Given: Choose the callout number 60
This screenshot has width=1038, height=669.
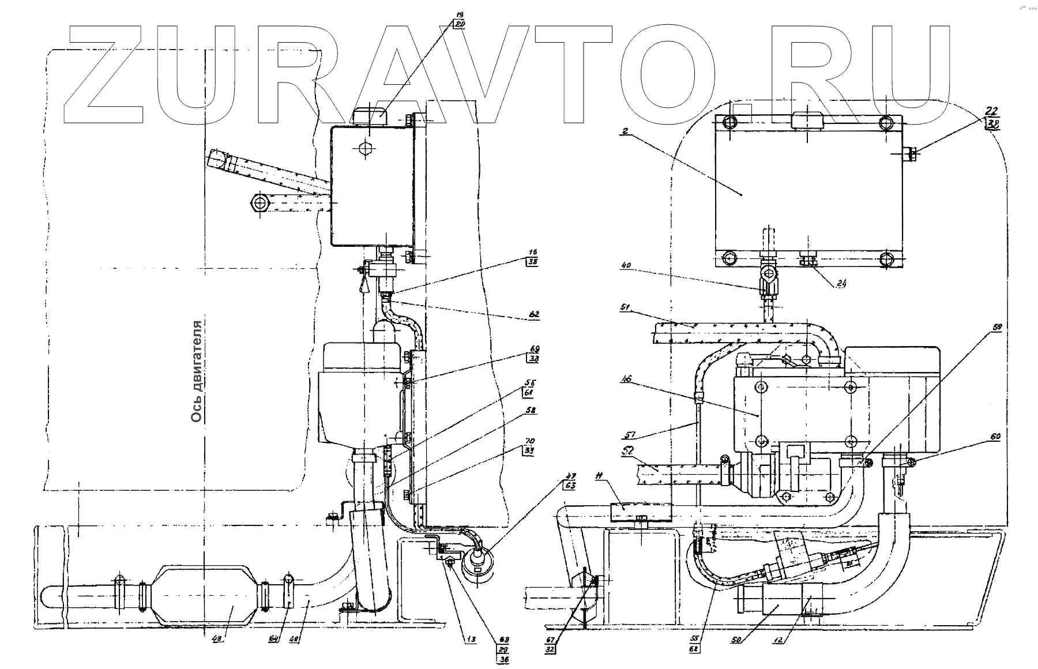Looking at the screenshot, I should pyautogui.click(x=995, y=437).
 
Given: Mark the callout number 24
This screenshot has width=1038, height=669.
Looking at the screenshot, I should pyautogui.click(x=841, y=284).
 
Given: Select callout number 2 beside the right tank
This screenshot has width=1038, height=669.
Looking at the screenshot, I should pyautogui.click(x=625, y=131).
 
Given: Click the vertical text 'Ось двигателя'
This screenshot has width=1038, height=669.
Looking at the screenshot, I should pyautogui.click(x=197, y=371).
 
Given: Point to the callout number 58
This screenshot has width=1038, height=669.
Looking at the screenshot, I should pyautogui.click(x=531, y=411).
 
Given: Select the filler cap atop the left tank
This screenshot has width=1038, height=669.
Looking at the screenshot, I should pyautogui.click(x=369, y=115).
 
